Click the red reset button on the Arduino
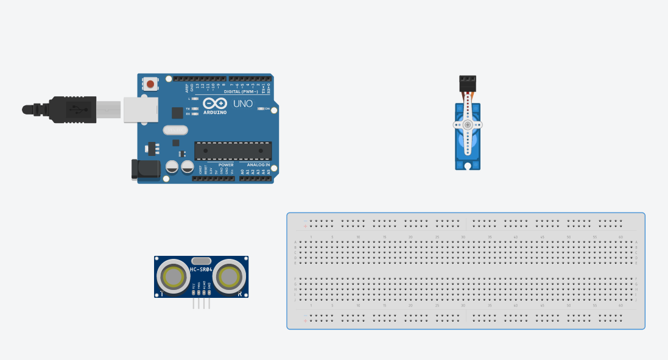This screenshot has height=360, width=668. [x=150, y=83]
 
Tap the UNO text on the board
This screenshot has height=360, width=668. [x=243, y=104]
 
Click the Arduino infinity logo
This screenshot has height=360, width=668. [x=215, y=104]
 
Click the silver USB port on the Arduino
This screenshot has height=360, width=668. [x=141, y=110]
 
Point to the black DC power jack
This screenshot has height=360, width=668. [x=146, y=169]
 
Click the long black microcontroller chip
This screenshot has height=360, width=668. [x=233, y=150]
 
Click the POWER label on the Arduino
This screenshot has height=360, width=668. [x=226, y=165]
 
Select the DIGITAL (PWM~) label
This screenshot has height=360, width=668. [x=241, y=91]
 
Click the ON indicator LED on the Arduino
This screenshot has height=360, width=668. [x=261, y=108]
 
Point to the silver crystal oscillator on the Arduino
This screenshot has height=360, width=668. [x=175, y=130]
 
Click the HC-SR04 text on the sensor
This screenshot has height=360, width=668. [x=201, y=269]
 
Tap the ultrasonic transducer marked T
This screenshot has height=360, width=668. [x=173, y=277]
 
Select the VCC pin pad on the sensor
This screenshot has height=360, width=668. [x=194, y=292]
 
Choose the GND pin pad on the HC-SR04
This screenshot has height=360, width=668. [x=209, y=292]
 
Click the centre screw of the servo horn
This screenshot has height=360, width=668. [x=467, y=124]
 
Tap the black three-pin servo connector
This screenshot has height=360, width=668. [x=468, y=82]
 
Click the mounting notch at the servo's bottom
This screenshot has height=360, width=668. [x=467, y=165]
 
